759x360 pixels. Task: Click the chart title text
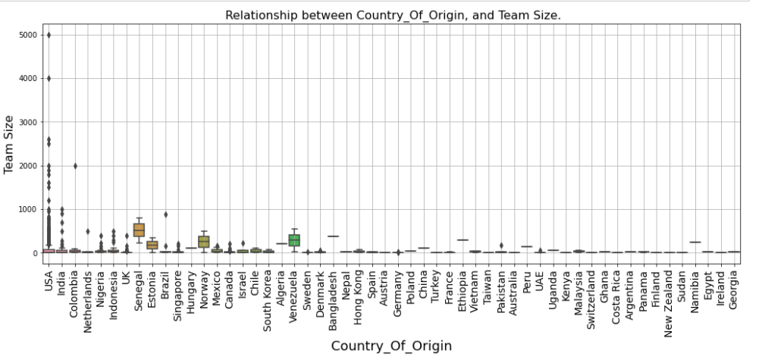[393, 15]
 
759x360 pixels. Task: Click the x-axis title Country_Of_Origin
[391, 346]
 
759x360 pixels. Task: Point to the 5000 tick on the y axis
[28, 35]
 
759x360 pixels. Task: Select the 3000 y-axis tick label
[28, 122]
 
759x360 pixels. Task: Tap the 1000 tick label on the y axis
[28, 209]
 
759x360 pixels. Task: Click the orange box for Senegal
[139, 230]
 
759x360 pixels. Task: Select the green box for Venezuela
[294, 240]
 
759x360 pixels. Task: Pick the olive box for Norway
[204, 241]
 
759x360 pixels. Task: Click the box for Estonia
[152, 244]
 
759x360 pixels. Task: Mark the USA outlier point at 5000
[49, 35]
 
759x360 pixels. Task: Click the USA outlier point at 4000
[49, 78]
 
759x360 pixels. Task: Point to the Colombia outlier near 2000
[75, 165]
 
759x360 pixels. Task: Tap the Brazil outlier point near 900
[165, 214]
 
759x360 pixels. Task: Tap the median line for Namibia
[695, 243]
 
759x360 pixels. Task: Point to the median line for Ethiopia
[463, 240]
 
